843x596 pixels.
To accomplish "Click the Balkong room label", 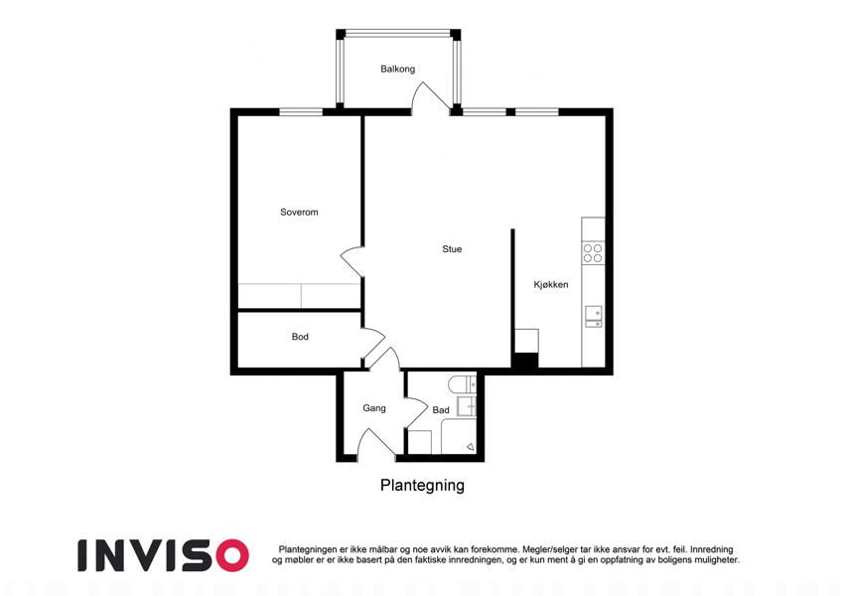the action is (397, 69).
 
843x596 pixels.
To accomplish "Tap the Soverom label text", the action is (299, 212).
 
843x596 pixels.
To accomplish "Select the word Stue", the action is (452, 249).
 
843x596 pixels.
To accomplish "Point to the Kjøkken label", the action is (550, 284).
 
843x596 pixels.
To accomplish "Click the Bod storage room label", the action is (300, 337).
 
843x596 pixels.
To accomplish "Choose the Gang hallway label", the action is (373, 408).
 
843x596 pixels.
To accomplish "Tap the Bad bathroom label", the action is (441, 410).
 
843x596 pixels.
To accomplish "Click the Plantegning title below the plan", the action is (422, 485).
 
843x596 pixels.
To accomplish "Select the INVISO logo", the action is (163, 555).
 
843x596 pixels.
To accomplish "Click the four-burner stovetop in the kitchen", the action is (593, 253).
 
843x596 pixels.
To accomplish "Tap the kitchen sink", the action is (594, 317).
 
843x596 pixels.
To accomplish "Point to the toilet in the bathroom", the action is (463, 384).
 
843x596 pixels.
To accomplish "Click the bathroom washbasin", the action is (466, 406).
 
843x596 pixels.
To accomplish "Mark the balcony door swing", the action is (430, 99).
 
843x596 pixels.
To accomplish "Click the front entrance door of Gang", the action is (376, 445).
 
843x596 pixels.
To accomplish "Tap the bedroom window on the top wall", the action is (301, 112).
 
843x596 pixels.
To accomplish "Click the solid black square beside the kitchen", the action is (524, 361).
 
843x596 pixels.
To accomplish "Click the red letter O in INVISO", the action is (231, 555).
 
